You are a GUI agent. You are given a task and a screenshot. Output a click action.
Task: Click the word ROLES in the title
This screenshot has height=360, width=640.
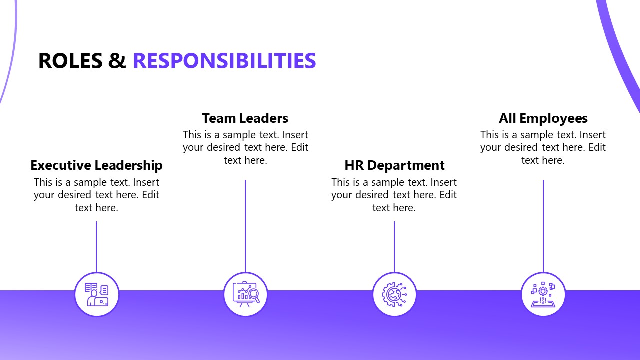point(70,61)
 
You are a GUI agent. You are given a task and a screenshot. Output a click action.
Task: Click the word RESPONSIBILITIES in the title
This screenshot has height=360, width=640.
point(224,61)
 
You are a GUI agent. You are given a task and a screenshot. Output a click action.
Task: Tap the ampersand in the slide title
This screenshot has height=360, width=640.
point(117,61)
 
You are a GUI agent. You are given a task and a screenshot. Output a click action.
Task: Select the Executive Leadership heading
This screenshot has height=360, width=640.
point(96,165)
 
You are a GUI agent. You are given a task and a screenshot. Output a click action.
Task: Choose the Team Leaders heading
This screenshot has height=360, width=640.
point(245,118)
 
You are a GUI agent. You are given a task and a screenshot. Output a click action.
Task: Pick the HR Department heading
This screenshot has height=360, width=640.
point(394,165)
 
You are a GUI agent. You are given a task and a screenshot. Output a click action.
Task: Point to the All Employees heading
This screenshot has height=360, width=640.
point(543,118)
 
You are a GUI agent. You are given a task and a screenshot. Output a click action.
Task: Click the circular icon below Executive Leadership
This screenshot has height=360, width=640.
point(96,295)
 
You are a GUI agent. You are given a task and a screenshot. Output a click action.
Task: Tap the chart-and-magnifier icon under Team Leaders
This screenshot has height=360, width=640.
point(245,295)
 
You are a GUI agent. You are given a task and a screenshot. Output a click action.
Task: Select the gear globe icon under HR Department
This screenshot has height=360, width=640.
point(394,295)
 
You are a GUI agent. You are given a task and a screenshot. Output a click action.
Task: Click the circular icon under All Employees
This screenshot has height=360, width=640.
point(543,295)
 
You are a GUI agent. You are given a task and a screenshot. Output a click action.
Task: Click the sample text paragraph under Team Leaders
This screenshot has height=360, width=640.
point(245,147)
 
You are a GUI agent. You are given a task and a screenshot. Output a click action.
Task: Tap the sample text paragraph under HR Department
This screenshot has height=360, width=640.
point(394,195)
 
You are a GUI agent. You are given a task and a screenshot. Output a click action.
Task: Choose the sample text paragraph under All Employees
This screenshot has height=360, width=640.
point(543,147)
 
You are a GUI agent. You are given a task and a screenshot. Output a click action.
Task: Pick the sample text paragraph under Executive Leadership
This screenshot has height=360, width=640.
point(96,195)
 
